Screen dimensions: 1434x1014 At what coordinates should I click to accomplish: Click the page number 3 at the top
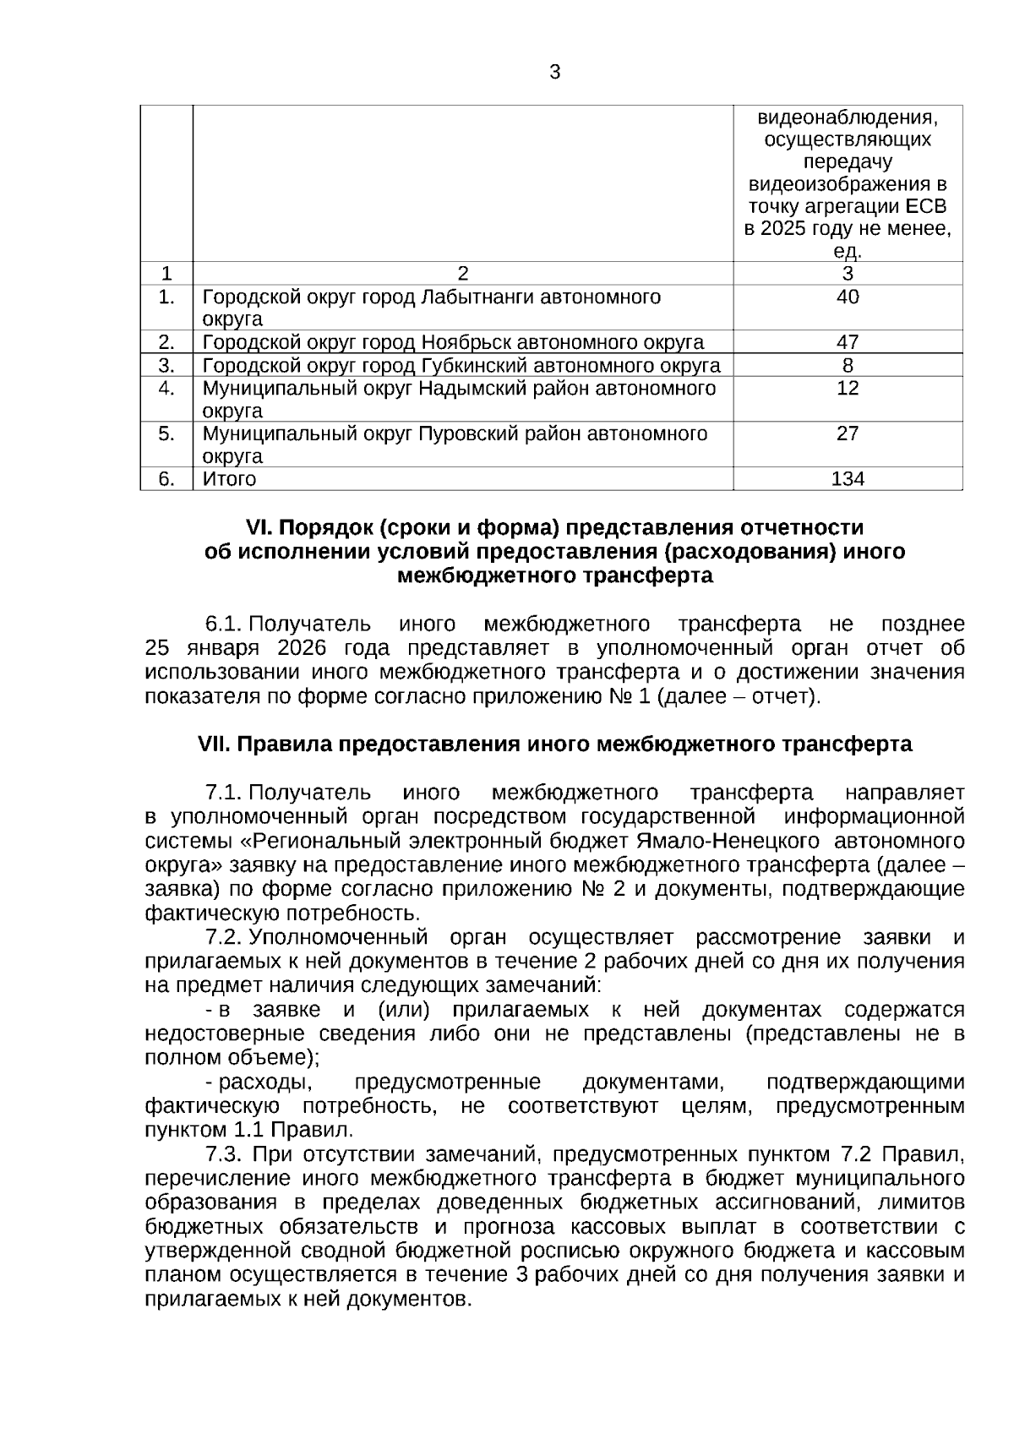coord(554,73)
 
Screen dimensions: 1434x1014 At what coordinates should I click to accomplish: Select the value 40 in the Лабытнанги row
coord(848,297)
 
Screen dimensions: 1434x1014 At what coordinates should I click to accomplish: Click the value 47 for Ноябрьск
coord(848,342)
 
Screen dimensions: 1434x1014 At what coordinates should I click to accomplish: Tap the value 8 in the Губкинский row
coord(848,365)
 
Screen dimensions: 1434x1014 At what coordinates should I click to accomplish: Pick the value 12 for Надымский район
coord(848,388)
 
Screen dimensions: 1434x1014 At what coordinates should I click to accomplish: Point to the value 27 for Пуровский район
coord(848,433)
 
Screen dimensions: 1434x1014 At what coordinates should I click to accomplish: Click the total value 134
coord(848,479)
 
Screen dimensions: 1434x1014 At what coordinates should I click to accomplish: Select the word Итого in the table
coord(229,479)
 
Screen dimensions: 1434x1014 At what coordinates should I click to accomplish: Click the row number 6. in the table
coord(166,479)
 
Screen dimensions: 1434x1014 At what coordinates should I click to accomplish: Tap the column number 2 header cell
coord(462,274)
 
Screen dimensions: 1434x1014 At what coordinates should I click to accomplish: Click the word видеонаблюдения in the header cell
coord(848,116)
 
